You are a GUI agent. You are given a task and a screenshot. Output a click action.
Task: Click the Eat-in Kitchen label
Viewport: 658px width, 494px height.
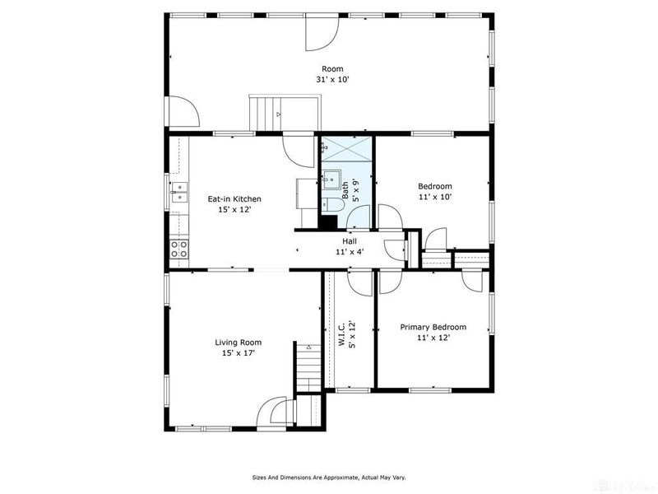pyautogui.click(x=234, y=198)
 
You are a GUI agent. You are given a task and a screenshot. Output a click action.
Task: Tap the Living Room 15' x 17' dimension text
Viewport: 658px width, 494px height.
pyautogui.click(x=239, y=353)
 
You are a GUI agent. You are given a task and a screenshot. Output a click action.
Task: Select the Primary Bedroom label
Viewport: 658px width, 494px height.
pyautogui.click(x=433, y=327)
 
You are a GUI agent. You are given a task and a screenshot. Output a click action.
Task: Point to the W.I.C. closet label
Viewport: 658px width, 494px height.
pyautogui.click(x=341, y=334)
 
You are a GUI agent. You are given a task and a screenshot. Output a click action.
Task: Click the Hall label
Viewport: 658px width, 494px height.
pyautogui.click(x=350, y=241)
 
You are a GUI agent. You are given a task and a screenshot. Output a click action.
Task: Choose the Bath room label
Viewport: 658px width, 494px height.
pyautogui.click(x=345, y=190)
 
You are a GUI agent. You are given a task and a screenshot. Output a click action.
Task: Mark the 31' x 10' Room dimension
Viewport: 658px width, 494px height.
pyautogui.click(x=332, y=79)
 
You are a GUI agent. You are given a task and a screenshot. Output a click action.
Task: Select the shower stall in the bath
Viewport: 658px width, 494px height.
pyautogui.click(x=347, y=148)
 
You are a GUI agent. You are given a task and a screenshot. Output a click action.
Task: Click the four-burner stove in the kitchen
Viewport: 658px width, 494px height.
pyautogui.click(x=178, y=249)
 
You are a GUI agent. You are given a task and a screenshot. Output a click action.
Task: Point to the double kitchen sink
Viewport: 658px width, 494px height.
pyautogui.click(x=179, y=192)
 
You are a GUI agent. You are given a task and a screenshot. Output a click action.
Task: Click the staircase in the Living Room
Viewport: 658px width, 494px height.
pyautogui.click(x=309, y=368)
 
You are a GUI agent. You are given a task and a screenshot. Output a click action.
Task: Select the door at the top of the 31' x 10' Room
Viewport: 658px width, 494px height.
pyautogui.click(x=322, y=33)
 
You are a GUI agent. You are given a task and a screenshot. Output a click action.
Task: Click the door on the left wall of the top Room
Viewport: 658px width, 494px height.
pyautogui.click(x=183, y=111)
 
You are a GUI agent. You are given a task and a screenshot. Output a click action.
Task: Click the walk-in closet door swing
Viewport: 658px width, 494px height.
pyautogui.click(x=360, y=283)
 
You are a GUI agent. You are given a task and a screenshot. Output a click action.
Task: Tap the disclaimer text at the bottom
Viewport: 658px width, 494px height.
pyautogui.click(x=329, y=478)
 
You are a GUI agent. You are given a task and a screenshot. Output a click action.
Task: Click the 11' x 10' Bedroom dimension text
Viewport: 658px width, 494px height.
pyautogui.click(x=435, y=197)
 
